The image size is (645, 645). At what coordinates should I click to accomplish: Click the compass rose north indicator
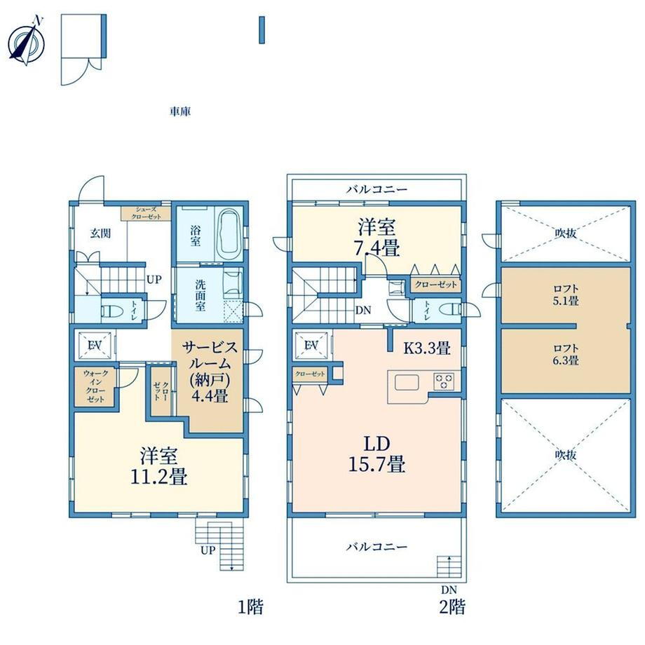coord(27,41)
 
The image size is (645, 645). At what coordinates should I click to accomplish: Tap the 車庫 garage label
coord(180,111)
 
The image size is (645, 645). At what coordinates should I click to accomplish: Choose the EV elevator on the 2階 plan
coord(311,346)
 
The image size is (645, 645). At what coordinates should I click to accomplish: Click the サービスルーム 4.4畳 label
coord(210,372)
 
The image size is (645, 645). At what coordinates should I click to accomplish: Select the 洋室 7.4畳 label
coord(376,238)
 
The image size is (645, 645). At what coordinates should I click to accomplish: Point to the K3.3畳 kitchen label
coord(426,348)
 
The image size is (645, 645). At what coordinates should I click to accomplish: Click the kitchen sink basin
coord(407,383)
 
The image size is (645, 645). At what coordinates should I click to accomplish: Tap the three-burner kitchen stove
coord(444,381)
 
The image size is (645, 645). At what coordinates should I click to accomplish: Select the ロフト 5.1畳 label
coord(566,295)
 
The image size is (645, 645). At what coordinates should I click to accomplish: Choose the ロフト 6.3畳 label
coord(566,355)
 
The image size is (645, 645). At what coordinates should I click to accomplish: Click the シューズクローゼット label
coord(146,213)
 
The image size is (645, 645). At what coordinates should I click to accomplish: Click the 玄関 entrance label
coord(100,233)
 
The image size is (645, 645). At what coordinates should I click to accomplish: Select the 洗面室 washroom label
coord(201,295)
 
